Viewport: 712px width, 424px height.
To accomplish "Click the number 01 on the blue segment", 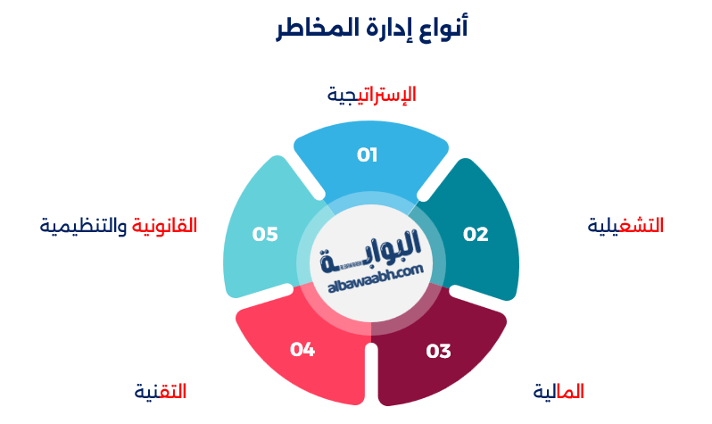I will (x=368, y=155).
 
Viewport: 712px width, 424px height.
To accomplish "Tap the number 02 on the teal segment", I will (x=476, y=234).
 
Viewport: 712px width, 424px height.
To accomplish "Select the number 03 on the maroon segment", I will (x=438, y=351).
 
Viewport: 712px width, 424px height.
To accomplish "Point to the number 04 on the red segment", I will (x=302, y=349).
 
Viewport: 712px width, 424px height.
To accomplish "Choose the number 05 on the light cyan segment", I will (x=265, y=234).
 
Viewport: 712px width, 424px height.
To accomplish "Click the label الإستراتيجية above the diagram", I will (x=372, y=95).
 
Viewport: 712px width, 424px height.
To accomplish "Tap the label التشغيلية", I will (x=625, y=226).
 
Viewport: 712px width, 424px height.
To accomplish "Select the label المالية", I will (x=559, y=391).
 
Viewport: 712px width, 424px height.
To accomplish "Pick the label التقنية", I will (x=160, y=391).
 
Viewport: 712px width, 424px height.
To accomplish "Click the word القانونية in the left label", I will (x=164, y=226).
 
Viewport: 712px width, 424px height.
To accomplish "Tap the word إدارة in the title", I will (x=385, y=28).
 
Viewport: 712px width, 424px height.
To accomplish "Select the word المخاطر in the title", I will (x=312, y=28).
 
